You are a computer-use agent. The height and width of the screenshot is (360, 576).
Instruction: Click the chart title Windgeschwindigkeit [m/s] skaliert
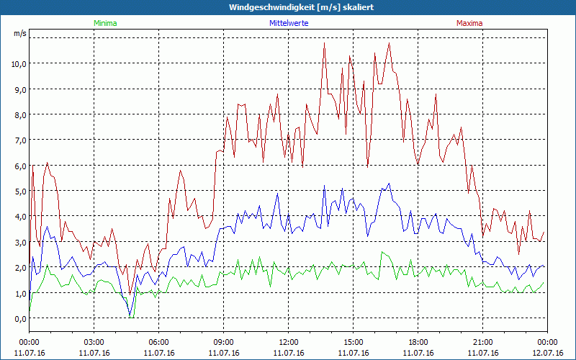click(302, 6)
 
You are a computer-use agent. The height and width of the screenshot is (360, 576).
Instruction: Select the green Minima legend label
click(104, 23)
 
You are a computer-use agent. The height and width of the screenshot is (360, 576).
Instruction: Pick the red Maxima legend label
click(469, 23)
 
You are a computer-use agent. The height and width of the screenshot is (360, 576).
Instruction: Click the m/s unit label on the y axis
click(19, 34)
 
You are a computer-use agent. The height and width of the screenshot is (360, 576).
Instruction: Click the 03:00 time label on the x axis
click(94, 342)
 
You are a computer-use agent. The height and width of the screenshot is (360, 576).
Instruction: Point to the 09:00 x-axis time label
click(223, 342)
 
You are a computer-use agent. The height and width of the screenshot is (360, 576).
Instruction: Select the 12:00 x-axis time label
click(288, 342)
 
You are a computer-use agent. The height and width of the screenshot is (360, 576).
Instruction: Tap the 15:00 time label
click(353, 342)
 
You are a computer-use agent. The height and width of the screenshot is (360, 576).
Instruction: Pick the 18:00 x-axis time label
click(418, 342)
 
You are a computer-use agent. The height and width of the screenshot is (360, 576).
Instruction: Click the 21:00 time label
click(482, 342)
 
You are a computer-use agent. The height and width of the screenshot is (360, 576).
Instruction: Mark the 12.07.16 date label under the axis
click(547, 353)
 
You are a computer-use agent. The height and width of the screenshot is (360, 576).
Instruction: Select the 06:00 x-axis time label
click(158, 342)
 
